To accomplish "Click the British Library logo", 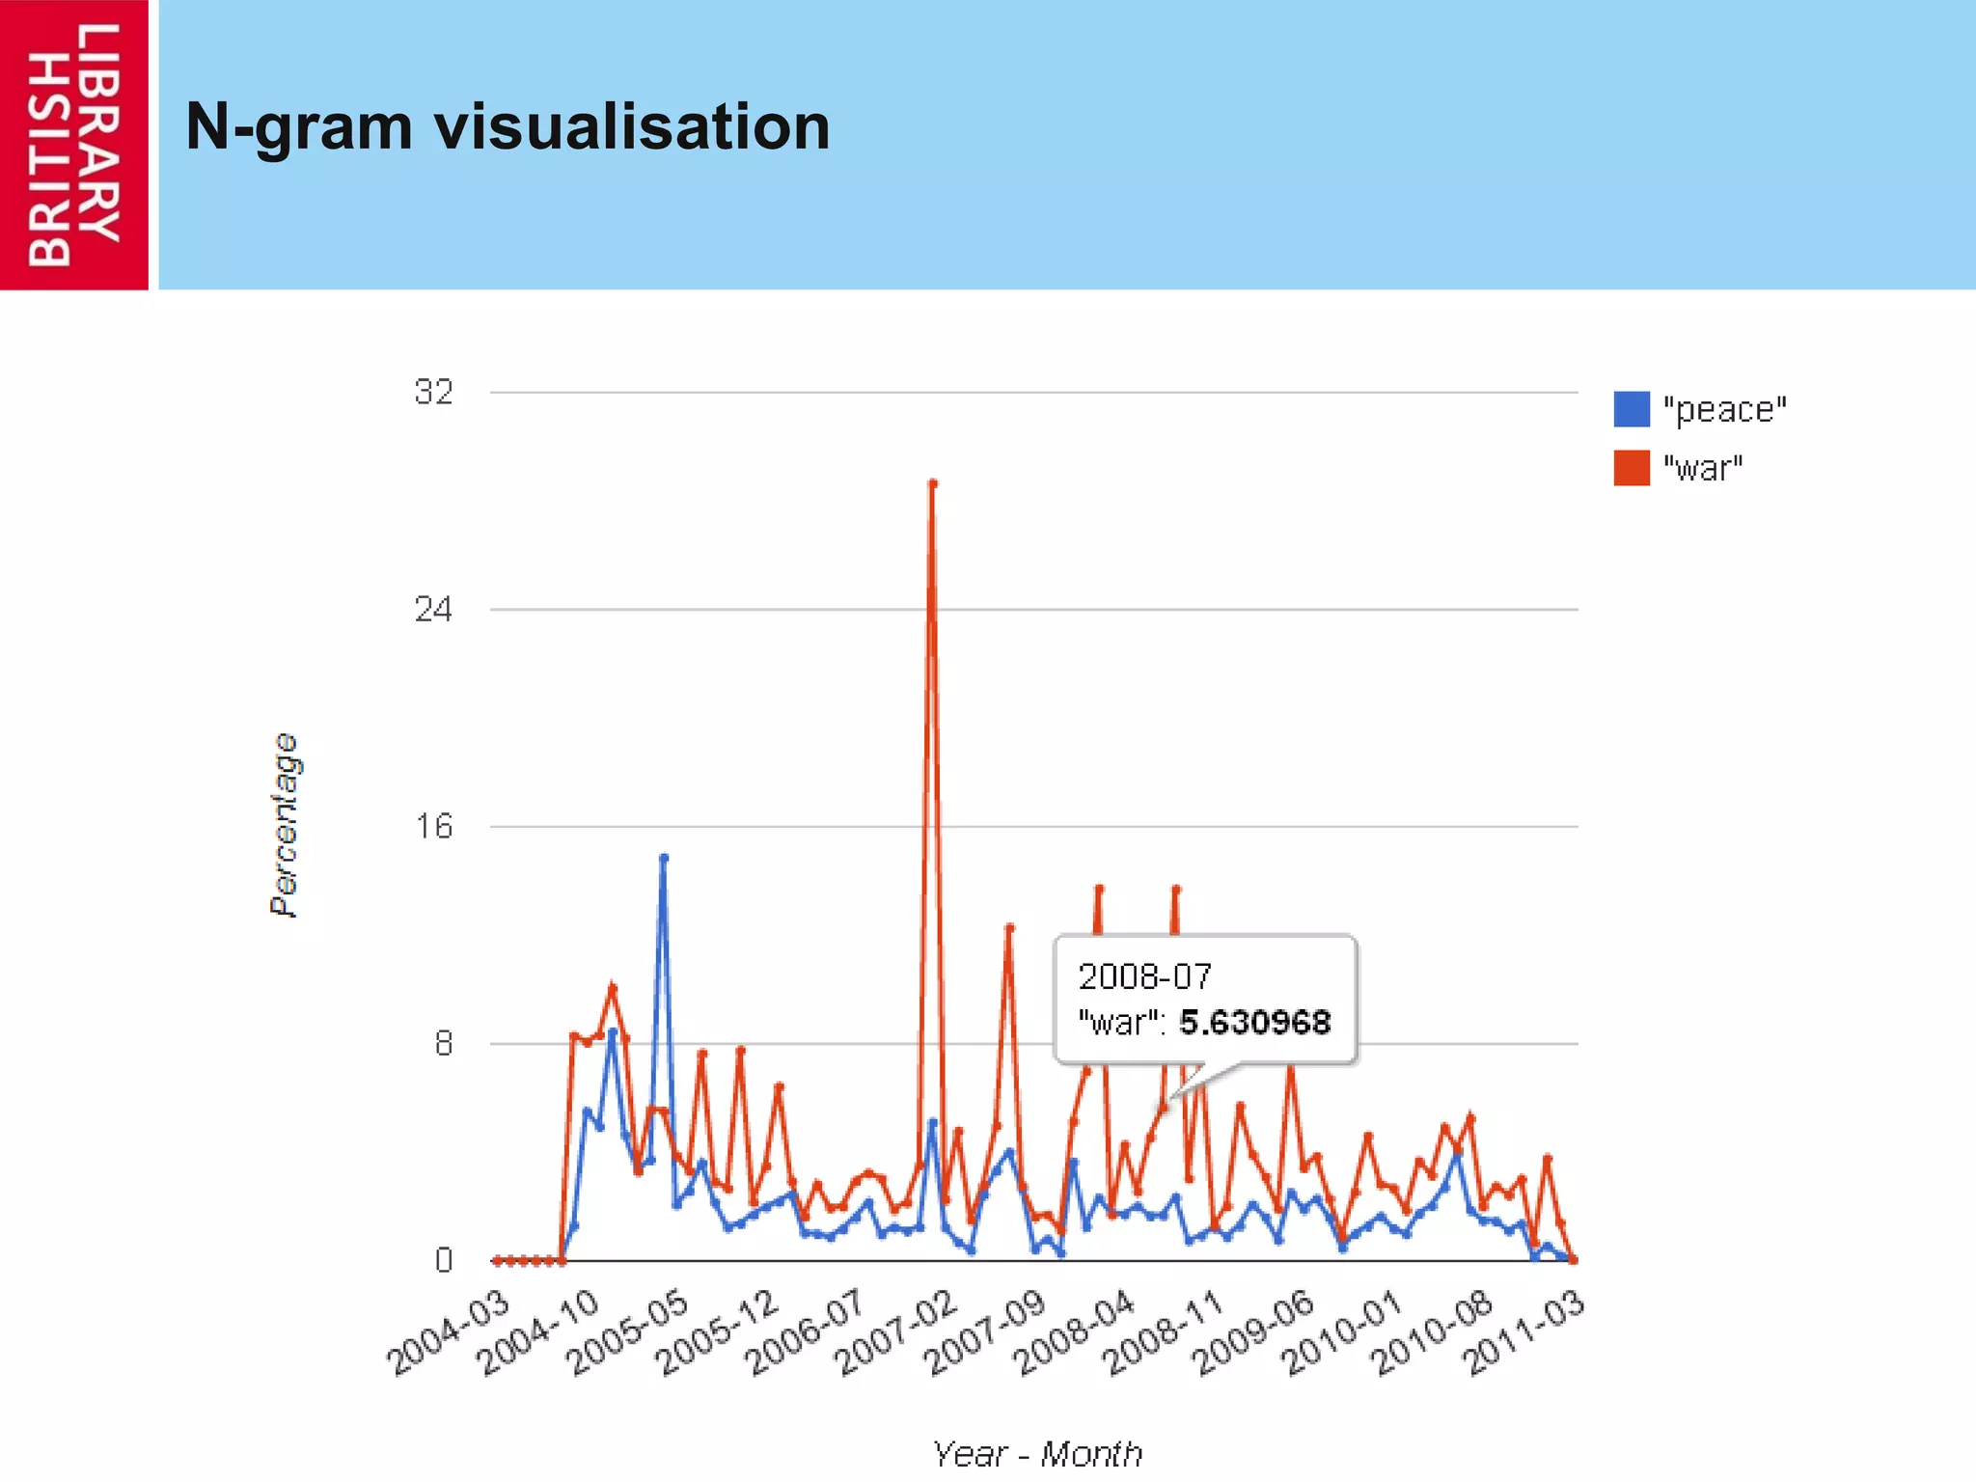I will (x=73, y=145).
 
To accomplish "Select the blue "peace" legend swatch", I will (x=1631, y=409).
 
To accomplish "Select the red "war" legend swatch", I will (x=1631, y=468).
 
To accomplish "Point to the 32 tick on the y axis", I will (x=433, y=392).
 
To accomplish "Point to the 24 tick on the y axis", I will (x=433, y=609).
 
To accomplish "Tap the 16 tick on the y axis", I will (x=433, y=826).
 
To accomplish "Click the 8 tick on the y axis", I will (x=443, y=1043).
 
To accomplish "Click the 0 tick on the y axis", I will (x=443, y=1260).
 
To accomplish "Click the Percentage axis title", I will (x=284, y=825).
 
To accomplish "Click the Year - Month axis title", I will (x=1037, y=1453).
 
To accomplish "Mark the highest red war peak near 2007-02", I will (x=932, y=483).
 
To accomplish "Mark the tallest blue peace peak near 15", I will (x=664, y=858).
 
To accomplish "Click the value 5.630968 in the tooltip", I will (x=1254, y=1022).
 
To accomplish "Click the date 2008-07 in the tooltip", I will (x=1144, y=976).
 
